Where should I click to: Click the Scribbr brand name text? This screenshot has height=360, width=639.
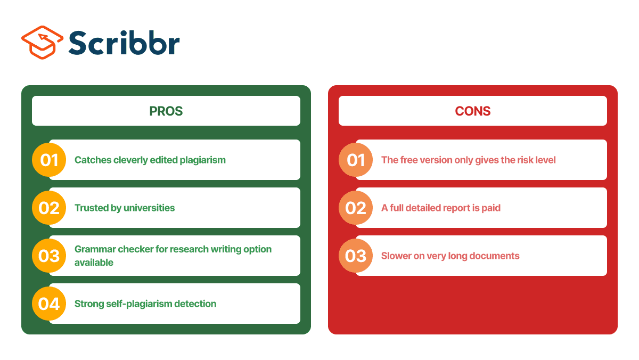(124, 43)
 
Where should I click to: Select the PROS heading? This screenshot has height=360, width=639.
(166, 111)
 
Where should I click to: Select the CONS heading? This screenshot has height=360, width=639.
(472, 111)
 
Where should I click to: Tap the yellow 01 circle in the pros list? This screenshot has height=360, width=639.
(49, 160)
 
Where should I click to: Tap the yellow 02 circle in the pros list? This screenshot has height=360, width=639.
(49, 208)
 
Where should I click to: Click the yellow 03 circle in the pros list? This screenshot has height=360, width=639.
(49, 256)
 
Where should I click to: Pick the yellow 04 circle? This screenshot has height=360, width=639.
(49, 304)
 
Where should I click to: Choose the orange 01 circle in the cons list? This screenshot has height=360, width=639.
(356, 160)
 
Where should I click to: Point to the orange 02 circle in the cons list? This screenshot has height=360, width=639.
(356, 208)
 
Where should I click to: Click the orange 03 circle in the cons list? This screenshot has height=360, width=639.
(356, 256)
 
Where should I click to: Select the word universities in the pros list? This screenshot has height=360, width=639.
(150, 208)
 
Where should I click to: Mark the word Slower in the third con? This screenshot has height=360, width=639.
(396, 256)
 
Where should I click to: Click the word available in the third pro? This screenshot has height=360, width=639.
(94, 263)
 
